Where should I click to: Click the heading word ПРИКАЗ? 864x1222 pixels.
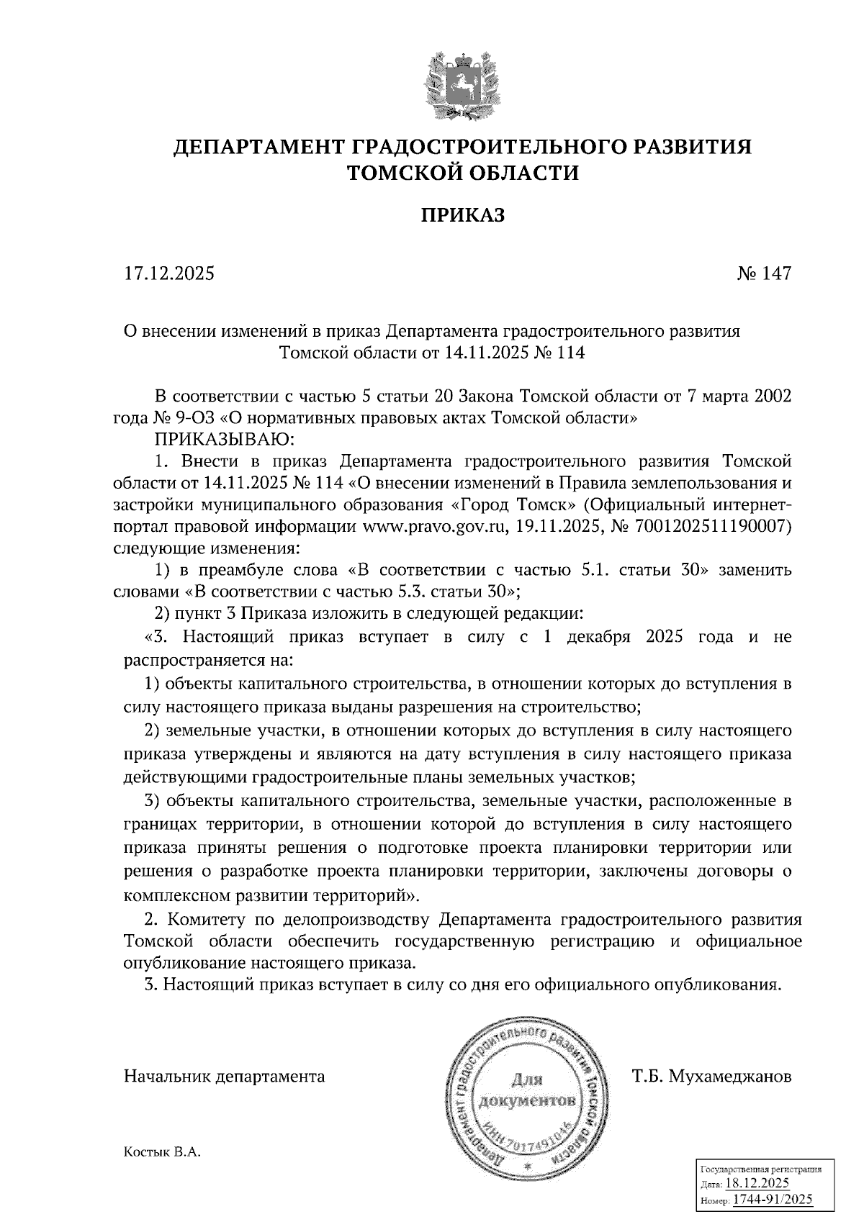click(x=462, y=215)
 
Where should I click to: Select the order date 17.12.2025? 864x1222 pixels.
click(x=169, y=274)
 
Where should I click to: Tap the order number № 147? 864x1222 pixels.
click(x=764, y=274)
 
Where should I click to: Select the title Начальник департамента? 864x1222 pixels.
click(x=225, y=1077)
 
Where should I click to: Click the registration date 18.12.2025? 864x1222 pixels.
click(x=757, y=1184)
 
